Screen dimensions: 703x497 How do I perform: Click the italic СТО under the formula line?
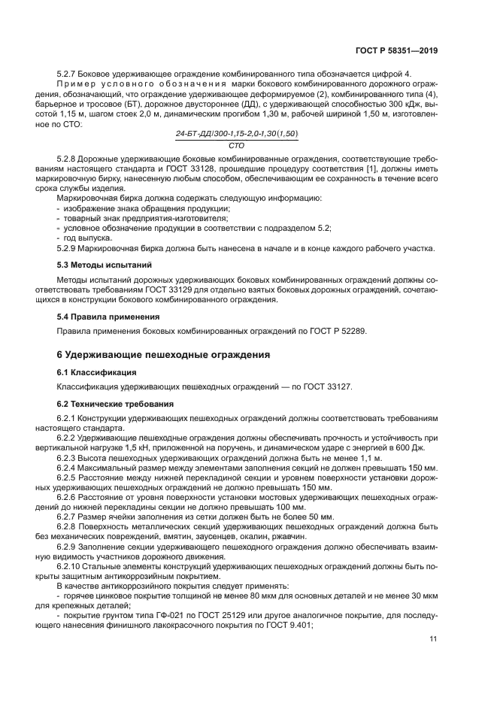pyautogui.click(x=236, y=144)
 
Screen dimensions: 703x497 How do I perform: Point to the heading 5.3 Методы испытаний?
pyautogui.click(x=105, y=265)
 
